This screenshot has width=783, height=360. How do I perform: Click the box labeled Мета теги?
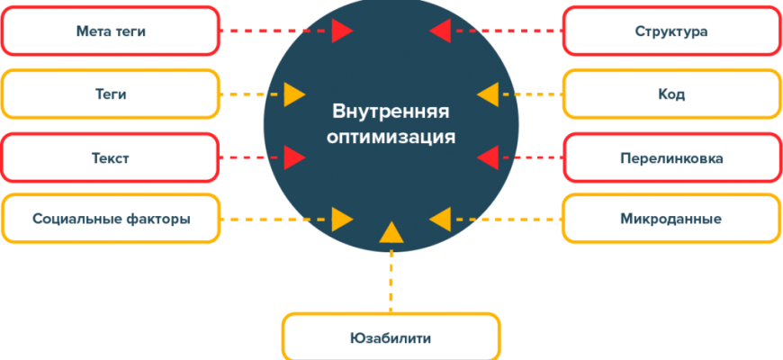click(x=111, y=31)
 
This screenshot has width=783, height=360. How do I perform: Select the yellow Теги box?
click(x=111, y=94)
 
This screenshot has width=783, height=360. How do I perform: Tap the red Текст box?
click(x=111, y=158)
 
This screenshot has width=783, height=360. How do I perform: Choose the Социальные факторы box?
click(x=111, y=219)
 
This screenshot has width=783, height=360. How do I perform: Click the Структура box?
click(x=670, y=31)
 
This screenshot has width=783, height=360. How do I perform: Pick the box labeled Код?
click(x=670, y=94)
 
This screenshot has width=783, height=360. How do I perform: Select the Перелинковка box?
click(x=670, y=158)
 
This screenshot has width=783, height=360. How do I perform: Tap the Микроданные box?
click(x=670, y=219)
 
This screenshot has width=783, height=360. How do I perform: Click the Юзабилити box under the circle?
click(x=391, y=338)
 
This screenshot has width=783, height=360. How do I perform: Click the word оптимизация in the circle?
click(x=390, y=138)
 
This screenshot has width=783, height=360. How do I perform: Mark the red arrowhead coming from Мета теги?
click(x=341, y=31)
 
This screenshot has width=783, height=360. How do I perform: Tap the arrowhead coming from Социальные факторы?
click(x=341, y=219)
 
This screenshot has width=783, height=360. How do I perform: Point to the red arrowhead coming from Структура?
click(x=440, y=31)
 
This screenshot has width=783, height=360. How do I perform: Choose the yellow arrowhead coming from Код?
click(x=487, y=94)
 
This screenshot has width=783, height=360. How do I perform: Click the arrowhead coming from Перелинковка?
click(x=487, y=158)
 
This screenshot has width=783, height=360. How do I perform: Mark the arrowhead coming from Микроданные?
click(x=440, y=219)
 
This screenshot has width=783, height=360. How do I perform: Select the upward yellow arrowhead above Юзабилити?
click(x=390, y=233)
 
